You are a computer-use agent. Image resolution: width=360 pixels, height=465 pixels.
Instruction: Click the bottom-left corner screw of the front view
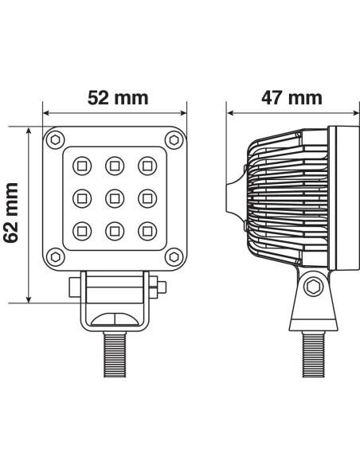(x=55, y=256)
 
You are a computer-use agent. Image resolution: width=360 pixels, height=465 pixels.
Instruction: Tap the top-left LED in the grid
(x=81, y=165)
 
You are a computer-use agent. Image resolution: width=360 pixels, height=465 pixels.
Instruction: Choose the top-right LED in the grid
(x=147, y=165)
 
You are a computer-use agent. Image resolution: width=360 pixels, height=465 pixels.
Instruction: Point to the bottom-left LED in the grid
(x=81, y=230)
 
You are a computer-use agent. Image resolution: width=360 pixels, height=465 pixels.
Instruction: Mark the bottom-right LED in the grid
(x=147, y=230)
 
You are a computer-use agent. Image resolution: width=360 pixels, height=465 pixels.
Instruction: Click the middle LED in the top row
(x=114, y=165)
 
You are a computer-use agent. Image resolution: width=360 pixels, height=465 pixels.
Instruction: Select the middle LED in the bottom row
(x=114, y=230)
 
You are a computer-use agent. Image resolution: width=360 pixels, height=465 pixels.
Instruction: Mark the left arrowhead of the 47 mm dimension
(x=230, y=113)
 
